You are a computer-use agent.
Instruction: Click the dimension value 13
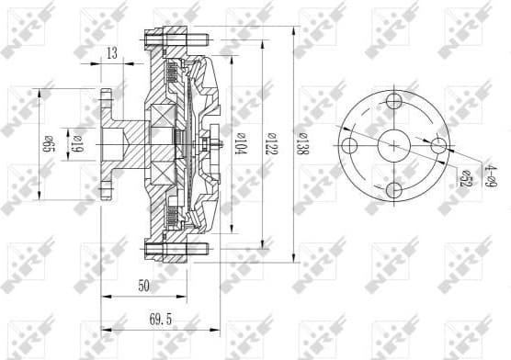pos(111,54)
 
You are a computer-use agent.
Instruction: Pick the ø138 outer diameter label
pos(302,144)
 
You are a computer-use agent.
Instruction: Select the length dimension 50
pos(143,286)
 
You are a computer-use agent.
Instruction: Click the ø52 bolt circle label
pos(467,174)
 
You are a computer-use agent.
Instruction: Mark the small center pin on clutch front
pos(220,144)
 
